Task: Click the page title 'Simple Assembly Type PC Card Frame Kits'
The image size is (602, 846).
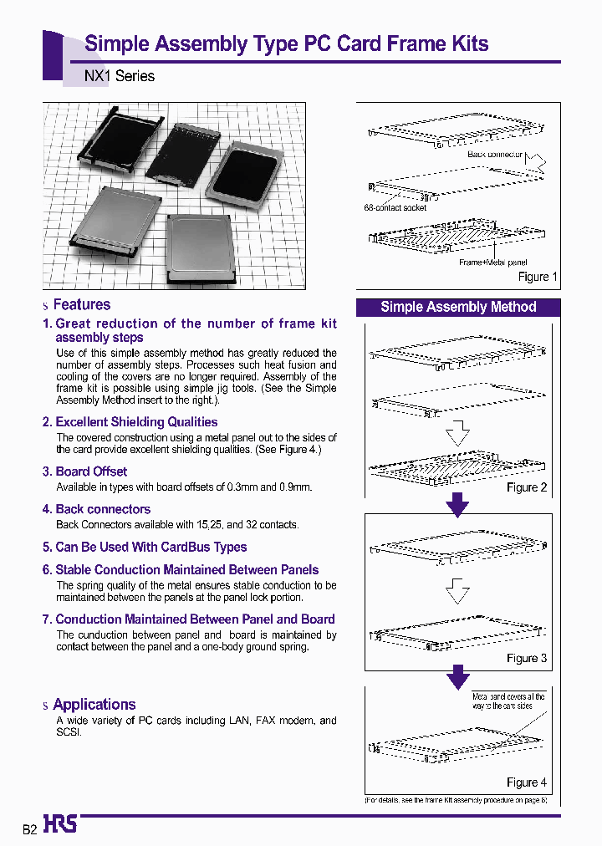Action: pyautogui.click(x=287, y=44)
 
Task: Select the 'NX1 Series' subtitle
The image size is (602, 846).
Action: pyautogui.click(x=120, y=76)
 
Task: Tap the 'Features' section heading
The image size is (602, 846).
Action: pyautogui.click(x=81, y=305)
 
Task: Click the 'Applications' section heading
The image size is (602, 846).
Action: pyautogui.click(x=94, y=705)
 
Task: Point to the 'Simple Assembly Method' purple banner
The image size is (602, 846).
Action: pyautogui.click(x=458, y=307)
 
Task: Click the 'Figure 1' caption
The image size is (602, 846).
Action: pyautogui.click(x=533, y=277)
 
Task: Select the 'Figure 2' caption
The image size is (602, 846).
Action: pyautogui.click(x=527, y=487)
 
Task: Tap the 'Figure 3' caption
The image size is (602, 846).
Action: pyautogui.click(x=527, y=658)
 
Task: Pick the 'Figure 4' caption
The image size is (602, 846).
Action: pyautogui.click(x=527, y=782)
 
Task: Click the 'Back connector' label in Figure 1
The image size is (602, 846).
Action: pyautogui.click(x=495, y=155)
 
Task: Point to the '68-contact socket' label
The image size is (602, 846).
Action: pyautogui.click(x=395, y=208)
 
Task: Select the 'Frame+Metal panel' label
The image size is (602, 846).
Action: pyautogui.click(x=493, y=262)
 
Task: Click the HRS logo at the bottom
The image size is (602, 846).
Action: pyautogui.click(x=60, y=825)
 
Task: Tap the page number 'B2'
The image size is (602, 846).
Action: pyautogui.click(x=29, y=829)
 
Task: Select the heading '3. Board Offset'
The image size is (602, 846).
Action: pyautogui.click(x=84, y=471)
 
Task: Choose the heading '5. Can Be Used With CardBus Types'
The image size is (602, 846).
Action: pyautogui.click(x=145, y=548)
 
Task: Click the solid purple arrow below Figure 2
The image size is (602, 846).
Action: pyautogui.click(x=458, y=505)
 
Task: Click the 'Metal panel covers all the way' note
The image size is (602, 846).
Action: pyautogui.click(x=508, y=701)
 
